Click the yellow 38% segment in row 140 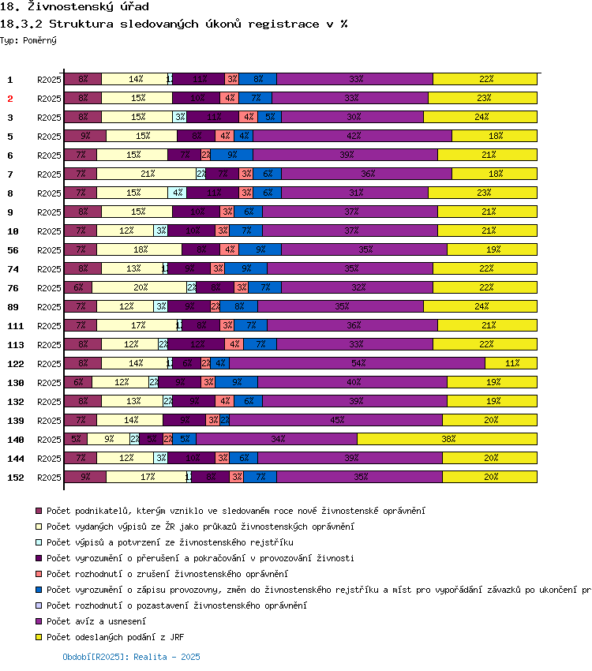coord(447,440)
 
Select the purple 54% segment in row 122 coord(357,364)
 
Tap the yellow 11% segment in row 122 coord(511,364)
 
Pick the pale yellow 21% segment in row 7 coord(146,174)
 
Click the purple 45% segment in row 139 coord(336,421)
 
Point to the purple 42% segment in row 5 coord(352,137)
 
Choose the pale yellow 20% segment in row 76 coord(140,288)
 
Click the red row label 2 coord(10,99)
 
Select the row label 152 coord(15,478)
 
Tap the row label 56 coord(13,250)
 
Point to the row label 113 coord(15,345)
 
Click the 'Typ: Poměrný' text coord(28,39)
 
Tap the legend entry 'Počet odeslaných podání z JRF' coord(115,637)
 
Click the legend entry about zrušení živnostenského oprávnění coord(167,574)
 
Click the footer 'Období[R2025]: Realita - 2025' coord(131,657)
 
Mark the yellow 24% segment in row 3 coord(480,118)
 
